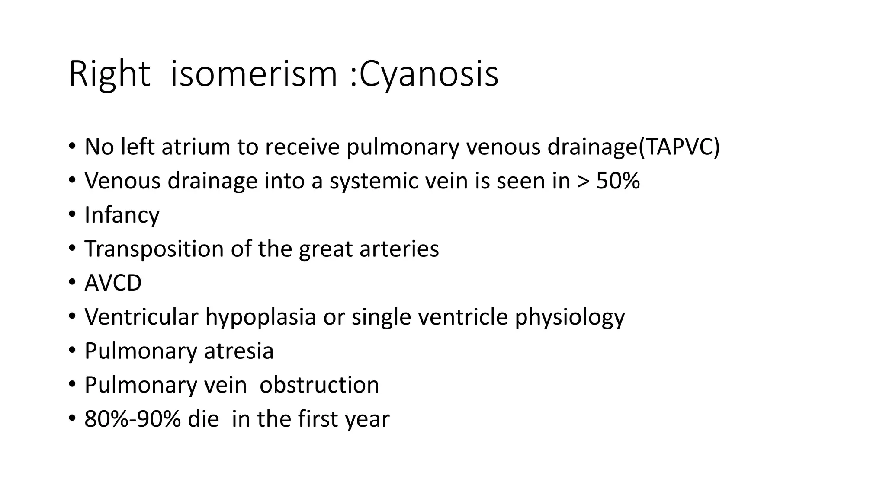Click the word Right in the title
[x=109, y=75]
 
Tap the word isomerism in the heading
[x=254, y=75]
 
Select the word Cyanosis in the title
[x=429, y=75]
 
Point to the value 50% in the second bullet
[x=618, y=181]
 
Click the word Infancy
[x=122, y=215]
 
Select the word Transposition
[x=154, y=249]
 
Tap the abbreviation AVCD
[x=113, y=283]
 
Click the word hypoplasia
[x=260, y=317]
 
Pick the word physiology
[x=570, y=317]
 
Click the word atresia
[x=239, y=351]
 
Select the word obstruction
[x=319, y=385]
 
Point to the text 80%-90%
[x=132, y=419]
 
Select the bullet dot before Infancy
[x=72, y=215]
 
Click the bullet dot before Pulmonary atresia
[x=72, y=351]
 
